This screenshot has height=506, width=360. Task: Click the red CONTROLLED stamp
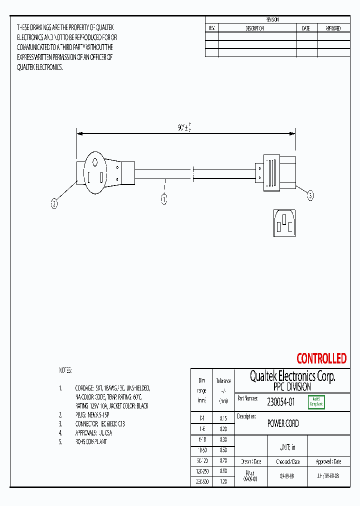321,358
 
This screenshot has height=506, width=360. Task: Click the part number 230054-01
281,401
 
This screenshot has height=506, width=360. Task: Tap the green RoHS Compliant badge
316,401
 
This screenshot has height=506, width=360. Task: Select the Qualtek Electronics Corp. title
292,376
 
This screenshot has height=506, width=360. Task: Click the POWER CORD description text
283,423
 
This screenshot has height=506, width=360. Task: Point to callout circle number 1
163,199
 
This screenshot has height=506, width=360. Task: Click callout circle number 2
54,203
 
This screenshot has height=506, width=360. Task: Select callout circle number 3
310,196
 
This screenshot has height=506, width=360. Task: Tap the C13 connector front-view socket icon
284,222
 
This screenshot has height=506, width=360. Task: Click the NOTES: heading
65,370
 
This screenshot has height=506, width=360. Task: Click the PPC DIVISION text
292,387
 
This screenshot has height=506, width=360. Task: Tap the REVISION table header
272,19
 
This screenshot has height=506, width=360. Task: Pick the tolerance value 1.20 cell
223,481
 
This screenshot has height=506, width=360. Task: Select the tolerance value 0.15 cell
223,417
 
